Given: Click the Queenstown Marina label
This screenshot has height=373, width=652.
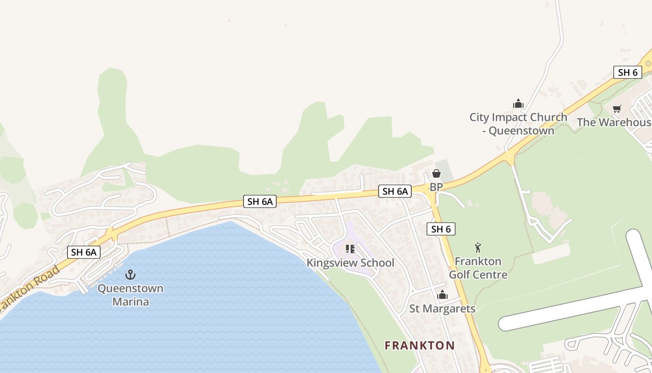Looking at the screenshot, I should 130,295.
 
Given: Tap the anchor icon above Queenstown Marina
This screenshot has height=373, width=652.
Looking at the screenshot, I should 130,274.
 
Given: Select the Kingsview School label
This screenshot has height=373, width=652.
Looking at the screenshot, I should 350,263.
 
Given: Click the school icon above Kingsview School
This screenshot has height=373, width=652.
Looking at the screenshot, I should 350,249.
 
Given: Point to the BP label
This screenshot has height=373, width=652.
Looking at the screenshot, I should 436,187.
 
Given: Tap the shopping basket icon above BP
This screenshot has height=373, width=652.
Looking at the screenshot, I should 436,173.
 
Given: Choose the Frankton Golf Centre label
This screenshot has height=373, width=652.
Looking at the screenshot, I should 478,268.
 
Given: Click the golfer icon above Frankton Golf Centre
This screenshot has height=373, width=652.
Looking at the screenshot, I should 478,248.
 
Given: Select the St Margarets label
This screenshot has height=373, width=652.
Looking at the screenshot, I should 442,309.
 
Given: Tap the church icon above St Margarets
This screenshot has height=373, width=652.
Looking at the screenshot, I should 442,295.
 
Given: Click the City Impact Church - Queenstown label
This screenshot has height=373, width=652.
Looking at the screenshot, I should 518,124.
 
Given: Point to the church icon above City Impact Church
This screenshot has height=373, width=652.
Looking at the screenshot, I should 518,104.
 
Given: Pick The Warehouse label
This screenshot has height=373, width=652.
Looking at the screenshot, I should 614,122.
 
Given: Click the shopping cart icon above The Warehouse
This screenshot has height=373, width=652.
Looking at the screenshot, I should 617,109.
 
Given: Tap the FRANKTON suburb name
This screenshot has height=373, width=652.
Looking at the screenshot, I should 420,345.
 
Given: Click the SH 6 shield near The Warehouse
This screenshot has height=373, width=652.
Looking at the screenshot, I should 628,72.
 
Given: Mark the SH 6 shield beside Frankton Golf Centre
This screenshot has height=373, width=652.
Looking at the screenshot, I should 441,229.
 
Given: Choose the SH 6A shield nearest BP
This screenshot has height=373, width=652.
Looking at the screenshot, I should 395,191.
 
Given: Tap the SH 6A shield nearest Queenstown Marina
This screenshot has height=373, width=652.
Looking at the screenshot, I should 84,252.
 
